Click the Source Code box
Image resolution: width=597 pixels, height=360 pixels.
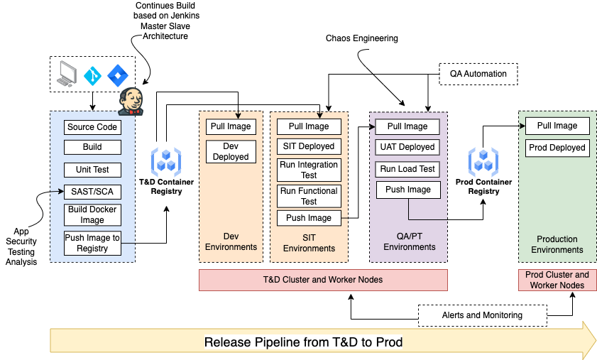click(92, 128)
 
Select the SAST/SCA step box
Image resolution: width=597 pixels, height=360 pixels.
click(92, 192)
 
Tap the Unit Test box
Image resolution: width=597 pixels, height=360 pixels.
click(92, 170)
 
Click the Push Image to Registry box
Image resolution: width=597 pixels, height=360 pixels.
click(92, 243)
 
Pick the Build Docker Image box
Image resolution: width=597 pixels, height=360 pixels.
click(92, 214)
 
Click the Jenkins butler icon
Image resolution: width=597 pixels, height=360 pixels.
click(131, 101)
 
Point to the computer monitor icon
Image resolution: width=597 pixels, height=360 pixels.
click(67, 74)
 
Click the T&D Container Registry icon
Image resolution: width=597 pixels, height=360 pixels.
click(166, 162)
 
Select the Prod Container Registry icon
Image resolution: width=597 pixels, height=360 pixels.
click(483, 162)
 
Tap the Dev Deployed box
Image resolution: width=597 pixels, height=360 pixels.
click(231, 151)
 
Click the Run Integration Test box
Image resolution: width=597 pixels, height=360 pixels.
click(309, 170)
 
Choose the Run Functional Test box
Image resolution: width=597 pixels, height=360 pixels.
click(309, 195)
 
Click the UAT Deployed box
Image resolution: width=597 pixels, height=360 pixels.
click(407, 147)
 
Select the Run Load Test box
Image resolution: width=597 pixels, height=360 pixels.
click(407, 169)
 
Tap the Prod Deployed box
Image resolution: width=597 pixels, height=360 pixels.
click(557, 148)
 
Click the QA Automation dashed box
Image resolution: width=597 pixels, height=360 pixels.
click(478, 74)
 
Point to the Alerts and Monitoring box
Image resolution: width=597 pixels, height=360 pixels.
click(482, 315)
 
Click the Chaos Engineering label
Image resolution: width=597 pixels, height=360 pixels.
click(361, 38)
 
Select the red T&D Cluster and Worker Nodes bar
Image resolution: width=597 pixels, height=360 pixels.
click(323, 280)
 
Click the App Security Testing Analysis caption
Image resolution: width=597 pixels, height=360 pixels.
click(21, 246)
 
